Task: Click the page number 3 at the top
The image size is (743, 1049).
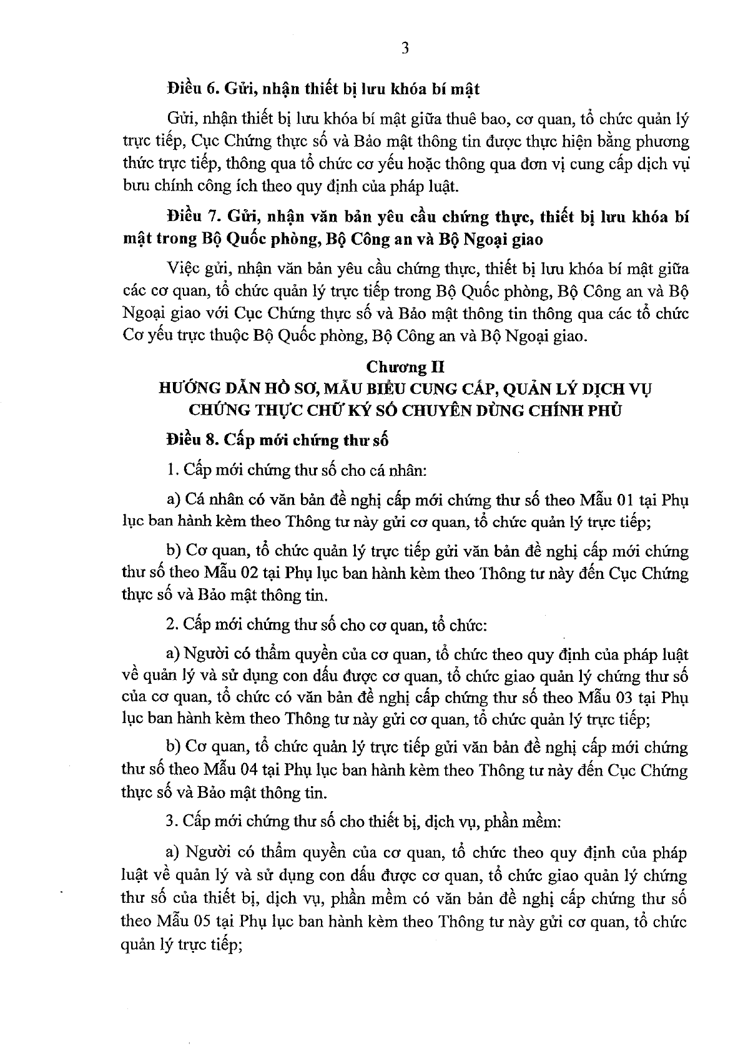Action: coord(405,49)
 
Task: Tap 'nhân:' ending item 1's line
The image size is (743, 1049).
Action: coord(409,470)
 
